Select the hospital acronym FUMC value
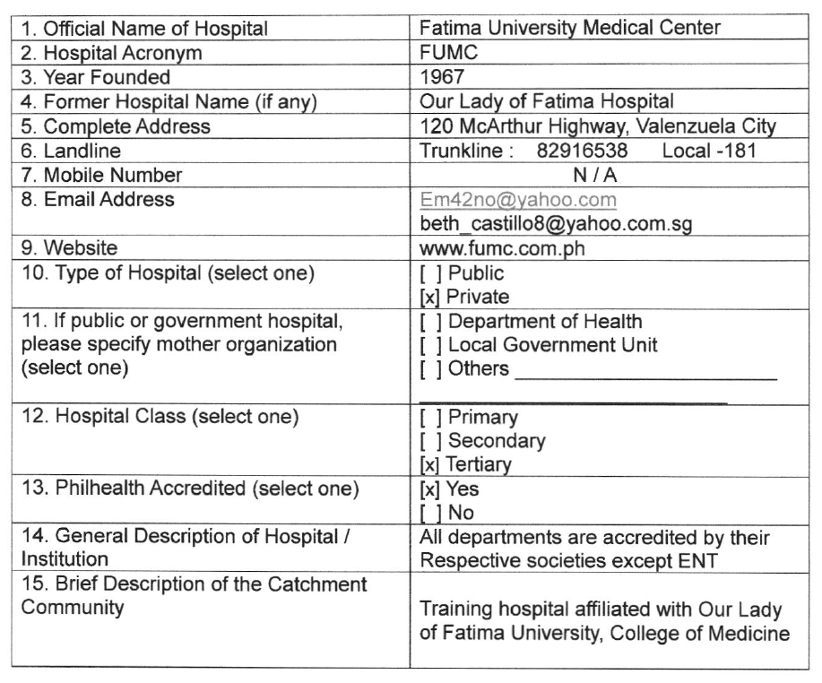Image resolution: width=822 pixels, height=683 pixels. pyautogui.click(x=444, y=53)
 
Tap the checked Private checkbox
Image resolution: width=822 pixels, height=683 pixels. pyautogui.click(x=428, y=297)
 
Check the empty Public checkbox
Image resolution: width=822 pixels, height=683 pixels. pyautogui.click(x=428, y=273)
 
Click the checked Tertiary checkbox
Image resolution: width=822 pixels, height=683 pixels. pyautogui.click(x=428, y=465)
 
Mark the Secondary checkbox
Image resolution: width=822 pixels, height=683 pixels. pyautogui.click(x=428, y=441)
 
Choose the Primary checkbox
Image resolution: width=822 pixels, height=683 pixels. pyautogui.click(x=428, y=418)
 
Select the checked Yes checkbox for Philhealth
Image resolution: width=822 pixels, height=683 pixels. pyautogui.click(x=428, y=489)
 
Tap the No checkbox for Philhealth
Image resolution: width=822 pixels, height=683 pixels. pyautogui.click(x=428, y=514)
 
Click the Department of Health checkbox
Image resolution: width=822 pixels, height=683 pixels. pyautogui.click(x=428, y=321)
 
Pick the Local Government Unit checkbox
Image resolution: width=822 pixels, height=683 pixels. pyautogui.click(x=428, y=345)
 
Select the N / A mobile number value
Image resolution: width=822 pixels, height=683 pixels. pyautogui.click(x=593, y=175)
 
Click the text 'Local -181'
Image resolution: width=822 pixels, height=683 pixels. pyautogui.click(x=708, y=151)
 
